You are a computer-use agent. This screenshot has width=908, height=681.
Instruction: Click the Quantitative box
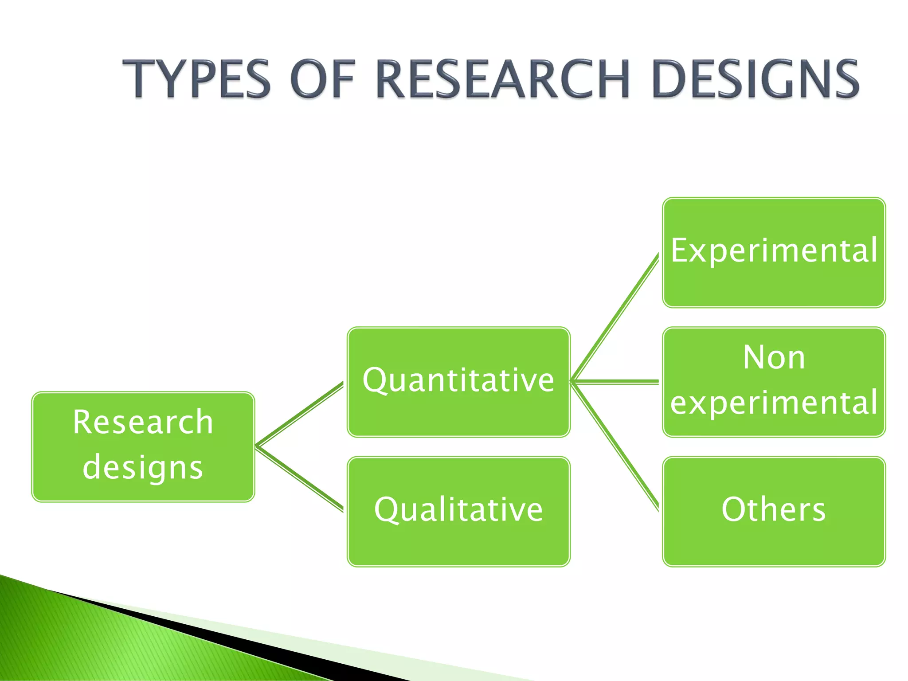click(x=458, y=382)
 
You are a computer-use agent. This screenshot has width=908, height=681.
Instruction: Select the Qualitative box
click(x=458, y=511)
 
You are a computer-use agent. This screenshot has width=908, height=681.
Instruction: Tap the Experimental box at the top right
click(x=774, y=252)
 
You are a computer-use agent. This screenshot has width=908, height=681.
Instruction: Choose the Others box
click(x=774, y=511)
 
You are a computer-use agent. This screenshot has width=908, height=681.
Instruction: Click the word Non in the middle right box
click(x=774, y=357)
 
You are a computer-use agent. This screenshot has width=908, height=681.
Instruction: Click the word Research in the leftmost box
click(x=143, y=422)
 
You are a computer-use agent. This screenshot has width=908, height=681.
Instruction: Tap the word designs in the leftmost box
click(x=143, y=468)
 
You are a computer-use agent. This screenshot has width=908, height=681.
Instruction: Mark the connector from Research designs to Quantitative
click(x=300, y=414)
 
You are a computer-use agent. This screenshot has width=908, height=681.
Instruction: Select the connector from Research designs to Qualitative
click(x=300, y=478)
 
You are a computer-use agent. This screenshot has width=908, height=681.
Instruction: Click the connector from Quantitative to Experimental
click(x=615, y=317)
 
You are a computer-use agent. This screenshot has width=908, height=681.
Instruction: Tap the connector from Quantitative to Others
click(x=615, y=446)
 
